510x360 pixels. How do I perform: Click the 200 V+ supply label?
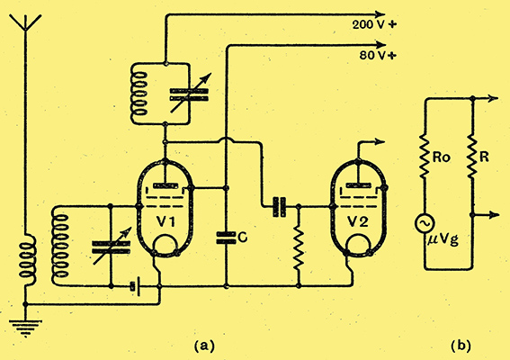pyautogui.click(x=374, y=24)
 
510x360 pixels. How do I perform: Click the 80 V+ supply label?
pyautogui.click(x=378, y=55)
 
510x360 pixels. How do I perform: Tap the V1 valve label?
pyautogui.click(x=166, y=222)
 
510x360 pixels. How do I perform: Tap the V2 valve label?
pyautogui.click(x=358, y=222)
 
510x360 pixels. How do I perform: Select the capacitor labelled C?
pyautogui.click(x=226, y=238)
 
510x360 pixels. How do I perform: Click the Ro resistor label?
pyautogui.click(x=442, y=157)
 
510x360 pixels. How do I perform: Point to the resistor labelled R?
pyautogui.click(x=472, y=157)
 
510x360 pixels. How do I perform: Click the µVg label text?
pyautogui.click(x=443, y=240)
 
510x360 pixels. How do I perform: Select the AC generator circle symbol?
pyautogui.click(x=425, y=223)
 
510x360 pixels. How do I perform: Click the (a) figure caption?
pyautogui.click(x=204, y=346)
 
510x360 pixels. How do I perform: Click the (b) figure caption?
pyautogui.click(x=461, y=346)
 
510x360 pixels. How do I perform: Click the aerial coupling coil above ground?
pyautogui.click(x=27, y=257)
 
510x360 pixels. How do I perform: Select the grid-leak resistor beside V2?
pyautogui.click(x=299, y=249)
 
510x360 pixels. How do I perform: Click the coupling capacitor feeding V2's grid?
pyautogui.click(x=279, y=206)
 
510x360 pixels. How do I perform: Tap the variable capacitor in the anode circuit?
pyautogui.click(x=189, y=94)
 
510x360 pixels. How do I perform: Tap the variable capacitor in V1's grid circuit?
pyautogui.click(x=111, y=247)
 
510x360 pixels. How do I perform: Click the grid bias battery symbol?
pyautogui.click(x=135, y=287)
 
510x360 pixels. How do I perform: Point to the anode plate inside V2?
pyautogui.click(x=358, y=185)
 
